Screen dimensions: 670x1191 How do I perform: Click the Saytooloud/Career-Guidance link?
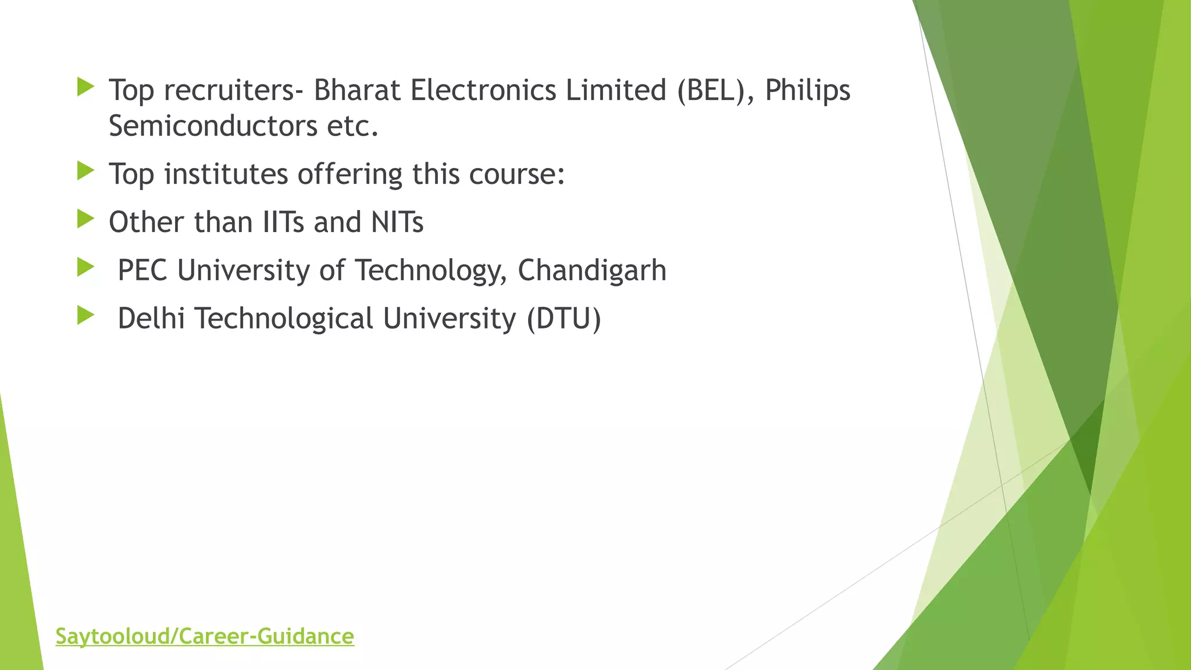coord(205,636)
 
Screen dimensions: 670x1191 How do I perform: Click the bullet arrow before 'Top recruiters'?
coord(85,88)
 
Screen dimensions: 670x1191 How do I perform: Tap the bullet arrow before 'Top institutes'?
coord(85,172)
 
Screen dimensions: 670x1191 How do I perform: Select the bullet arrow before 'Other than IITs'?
coord(85,220)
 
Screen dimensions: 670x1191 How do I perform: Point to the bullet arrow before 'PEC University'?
coord(85,268)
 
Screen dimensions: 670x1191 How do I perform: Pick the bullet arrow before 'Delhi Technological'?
coord(85,316)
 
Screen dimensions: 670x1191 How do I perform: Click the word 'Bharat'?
coord(357,90)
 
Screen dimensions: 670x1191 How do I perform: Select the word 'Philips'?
coord(807,91)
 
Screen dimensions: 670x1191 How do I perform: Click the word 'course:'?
coord(517,174)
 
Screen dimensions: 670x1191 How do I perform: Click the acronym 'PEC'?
coord(142,270)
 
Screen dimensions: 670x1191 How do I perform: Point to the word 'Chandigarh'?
coord(591,270)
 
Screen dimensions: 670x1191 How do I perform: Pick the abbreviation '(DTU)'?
coord(563,319)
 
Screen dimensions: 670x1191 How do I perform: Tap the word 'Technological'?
coord(283,319)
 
